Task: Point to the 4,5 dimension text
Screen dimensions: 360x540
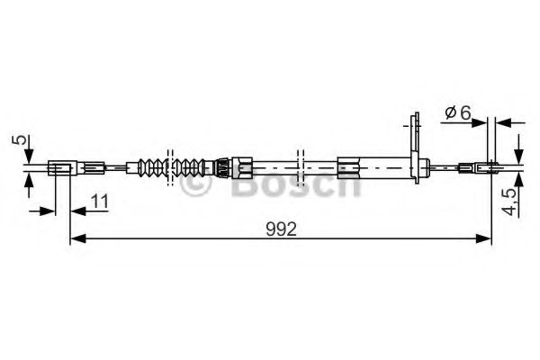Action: (509, 198)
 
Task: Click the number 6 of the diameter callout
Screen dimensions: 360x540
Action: (464, 112)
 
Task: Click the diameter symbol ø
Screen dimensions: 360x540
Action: (450, 112)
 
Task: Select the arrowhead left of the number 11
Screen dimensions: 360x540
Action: (48, 211)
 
